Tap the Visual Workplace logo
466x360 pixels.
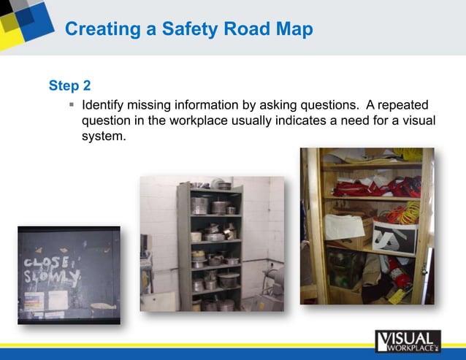point(408,341)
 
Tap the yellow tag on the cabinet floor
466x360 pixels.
point(396,296)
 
